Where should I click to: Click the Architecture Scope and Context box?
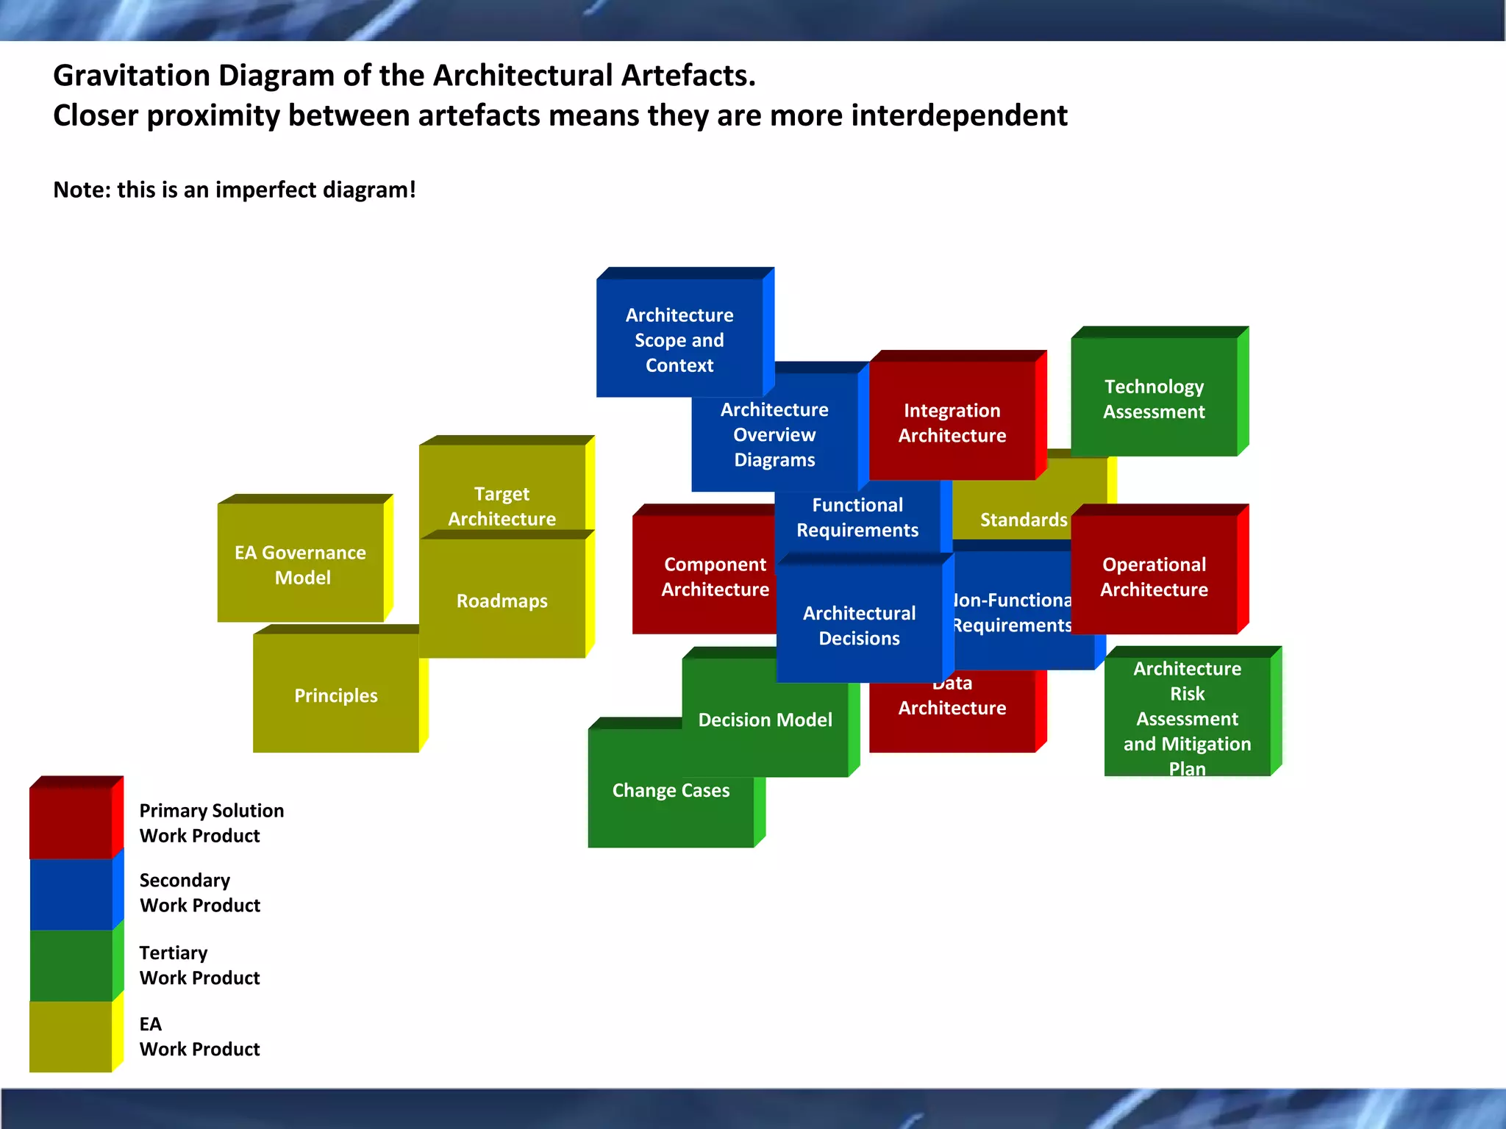point(679,340)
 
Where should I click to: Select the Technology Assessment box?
point(1154,398)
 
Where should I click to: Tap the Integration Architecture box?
point(952,423)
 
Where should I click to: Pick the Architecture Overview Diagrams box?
point(774,434)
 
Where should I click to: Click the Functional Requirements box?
point(857,517)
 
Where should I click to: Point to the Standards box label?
point(1023,520)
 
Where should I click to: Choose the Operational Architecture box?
point(1154,576)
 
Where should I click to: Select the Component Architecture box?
point(704,576)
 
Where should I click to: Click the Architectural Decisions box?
point(859,625)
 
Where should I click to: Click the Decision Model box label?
point(765,720)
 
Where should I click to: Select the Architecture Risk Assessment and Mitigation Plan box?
point(1187,717)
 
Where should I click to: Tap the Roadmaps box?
point(502,601)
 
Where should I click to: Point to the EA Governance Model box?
point(301,564)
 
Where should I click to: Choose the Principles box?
point(336,695)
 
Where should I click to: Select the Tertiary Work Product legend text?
point(199,965)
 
